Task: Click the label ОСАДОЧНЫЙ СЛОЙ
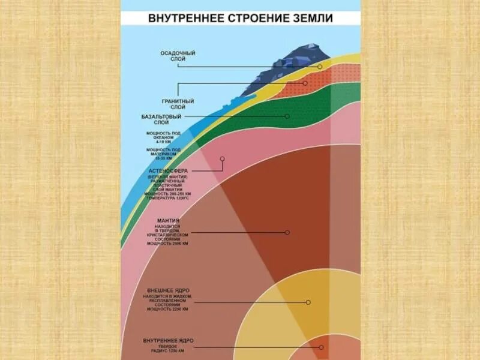[x=178, y=56]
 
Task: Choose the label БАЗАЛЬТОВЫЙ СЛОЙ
[x=163, y=119]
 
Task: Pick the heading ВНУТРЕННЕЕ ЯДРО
[x=168, y=340]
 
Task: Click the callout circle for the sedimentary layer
[x=320, y=67]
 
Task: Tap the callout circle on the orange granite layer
[x=305, y=83]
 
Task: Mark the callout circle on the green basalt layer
[x=287, y=116]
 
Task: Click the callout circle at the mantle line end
[x=287, y=232]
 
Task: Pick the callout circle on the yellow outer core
[x=308, y=302]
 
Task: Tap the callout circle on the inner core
[x=322, y=347]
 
